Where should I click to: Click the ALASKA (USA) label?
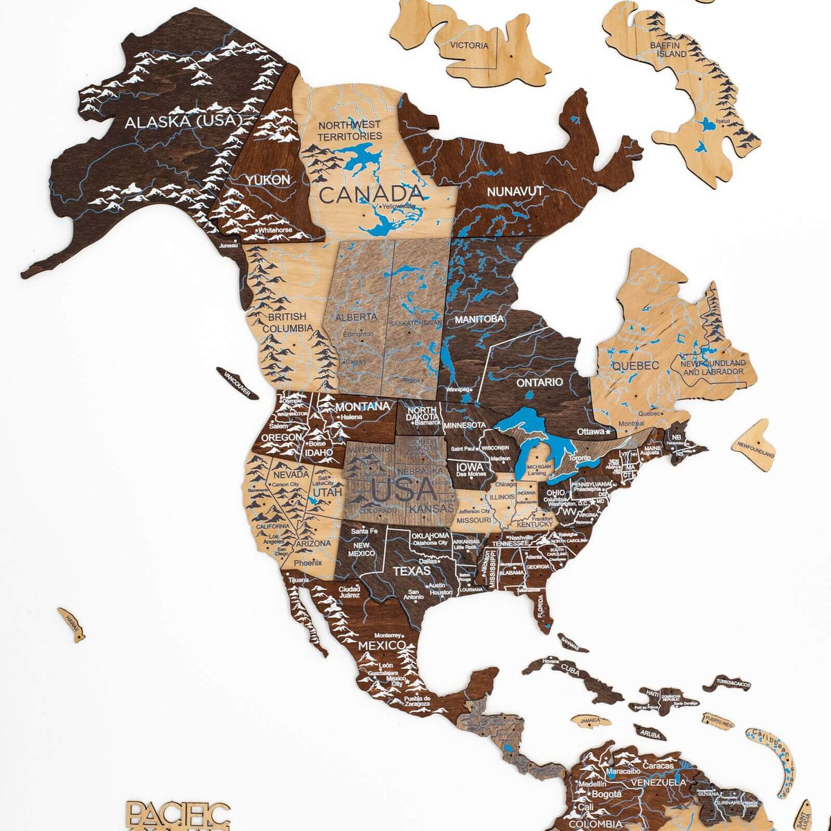tap(181, 122)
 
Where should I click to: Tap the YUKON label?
tap(267, 179)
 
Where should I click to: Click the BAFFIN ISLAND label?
tap(668, 49)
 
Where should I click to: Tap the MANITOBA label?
tap(479, 320)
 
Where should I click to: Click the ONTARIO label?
tap(539, 382)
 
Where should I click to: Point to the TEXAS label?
tap(412, 571)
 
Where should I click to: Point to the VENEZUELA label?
tap(658, 782)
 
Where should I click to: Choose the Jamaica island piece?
tap(591, 721)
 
